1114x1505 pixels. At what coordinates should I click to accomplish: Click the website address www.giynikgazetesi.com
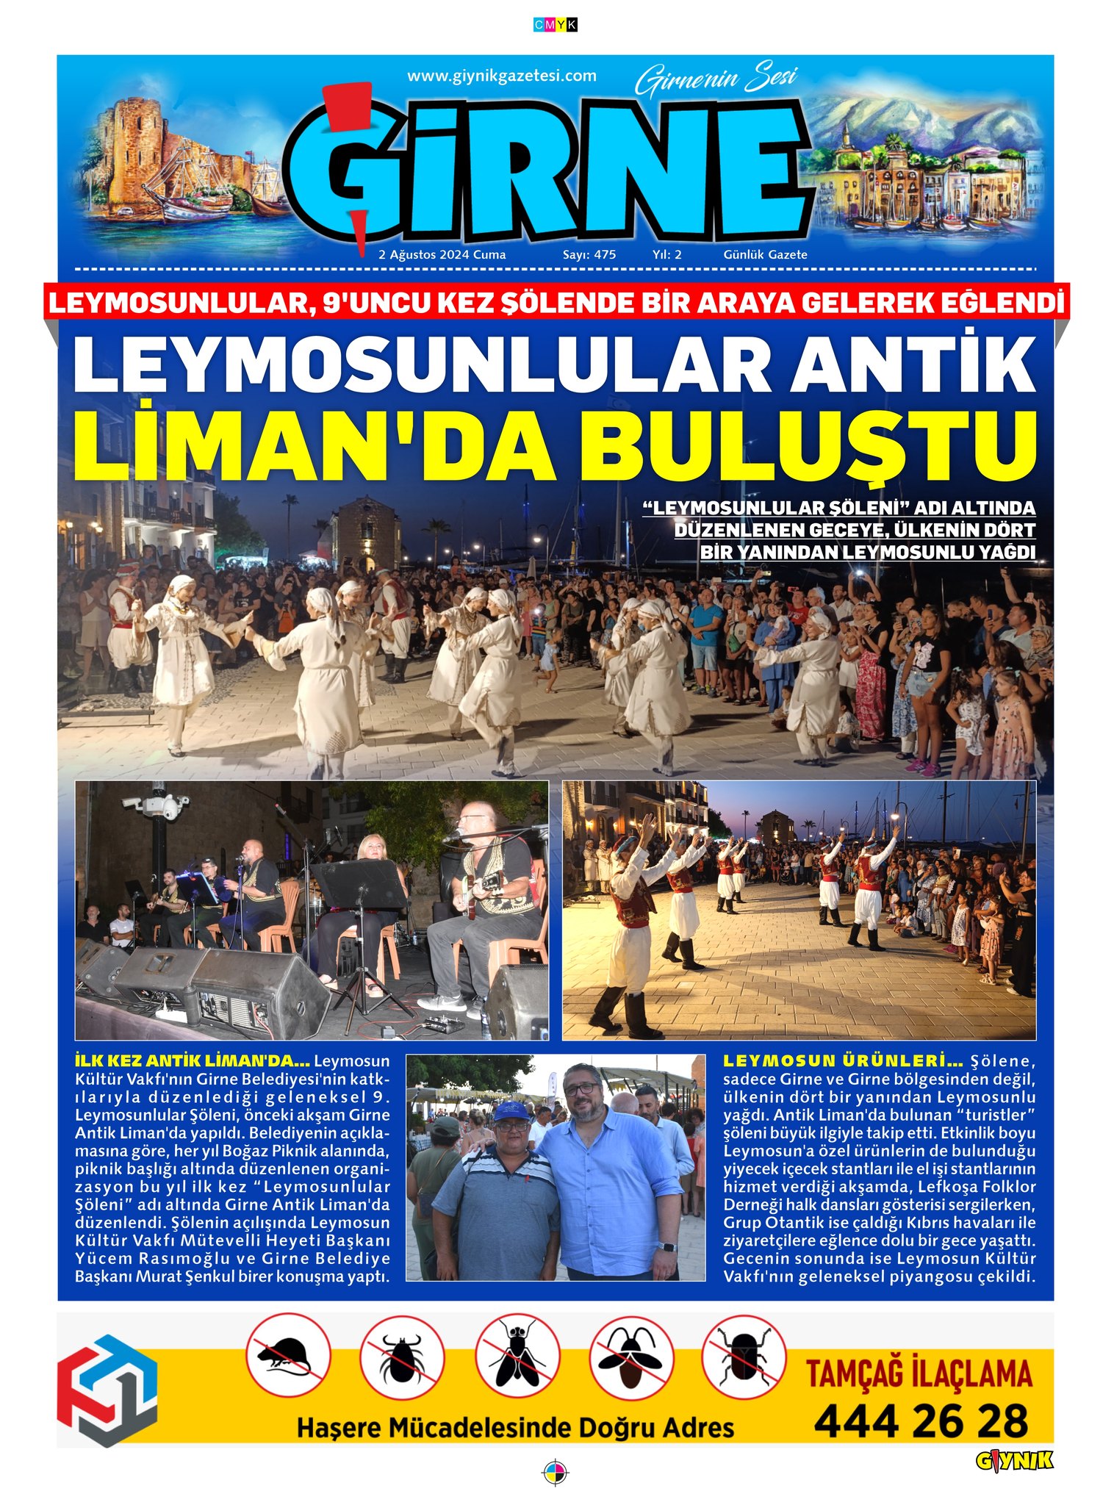tap(501, 76)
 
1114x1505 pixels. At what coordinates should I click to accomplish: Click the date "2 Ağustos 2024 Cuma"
tap(442, 255)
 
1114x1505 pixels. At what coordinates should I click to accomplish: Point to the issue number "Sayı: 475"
tap(589, 255)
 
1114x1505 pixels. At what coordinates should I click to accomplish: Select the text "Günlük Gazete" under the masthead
tap(765, 255)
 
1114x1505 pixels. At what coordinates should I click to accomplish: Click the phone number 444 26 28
tap(921, 1422)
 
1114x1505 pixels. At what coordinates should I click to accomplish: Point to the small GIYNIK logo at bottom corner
tap(1014, 1462)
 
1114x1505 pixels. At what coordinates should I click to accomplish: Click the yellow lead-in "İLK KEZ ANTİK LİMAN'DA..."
tap(193, 1062)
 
